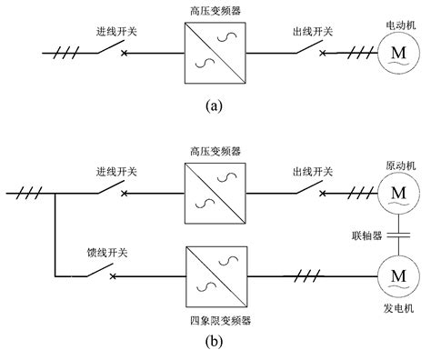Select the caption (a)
[215, 105]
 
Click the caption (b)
[215, 345]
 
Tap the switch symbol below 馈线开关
[109, 272]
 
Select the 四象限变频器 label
[215, 321]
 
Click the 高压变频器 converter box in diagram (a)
[215, 53]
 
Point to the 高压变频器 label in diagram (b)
[215, 152]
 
